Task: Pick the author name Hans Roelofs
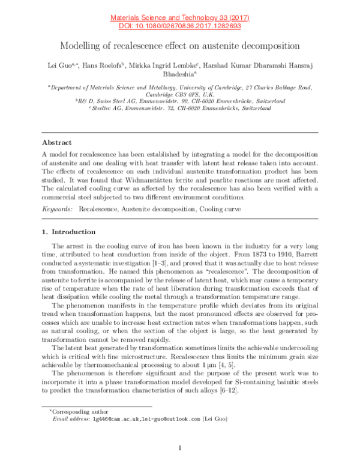coord(105,64)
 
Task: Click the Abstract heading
coord(56,143)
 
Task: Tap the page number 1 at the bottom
coord(180,448)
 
